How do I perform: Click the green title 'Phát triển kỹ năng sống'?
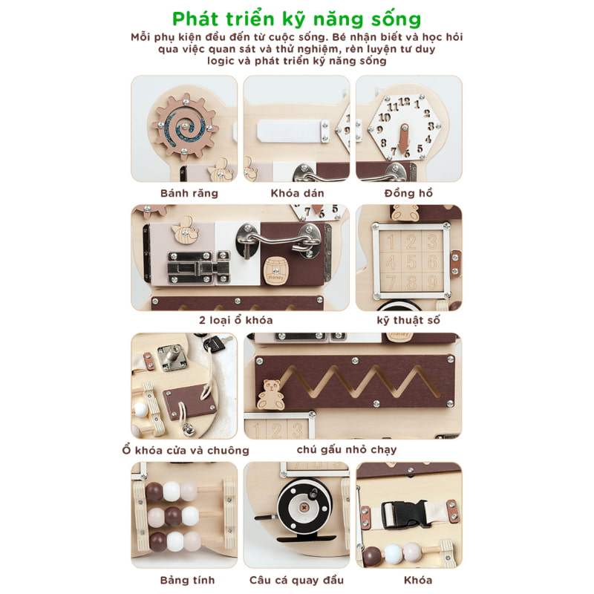[296, 19]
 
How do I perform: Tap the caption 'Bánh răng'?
[189, 193]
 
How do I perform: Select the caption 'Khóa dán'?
[298, 193]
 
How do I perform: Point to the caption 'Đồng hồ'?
[408, 193]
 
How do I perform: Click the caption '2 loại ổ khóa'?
[236, 320]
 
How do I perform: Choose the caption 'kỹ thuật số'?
[408, 321]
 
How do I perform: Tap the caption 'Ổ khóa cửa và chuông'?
[186, 450]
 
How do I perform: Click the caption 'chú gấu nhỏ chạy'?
[347, 450]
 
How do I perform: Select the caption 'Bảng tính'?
[188, 580]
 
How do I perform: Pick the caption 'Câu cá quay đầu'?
[296, 580]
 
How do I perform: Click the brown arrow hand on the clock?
[405, 137]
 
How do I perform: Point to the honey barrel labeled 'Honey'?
[275, 270]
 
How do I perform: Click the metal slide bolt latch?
[198, 267]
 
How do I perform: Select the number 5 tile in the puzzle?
[411, 262]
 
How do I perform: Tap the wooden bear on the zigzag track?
[270, 395]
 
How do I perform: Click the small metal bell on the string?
[187, 429]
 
